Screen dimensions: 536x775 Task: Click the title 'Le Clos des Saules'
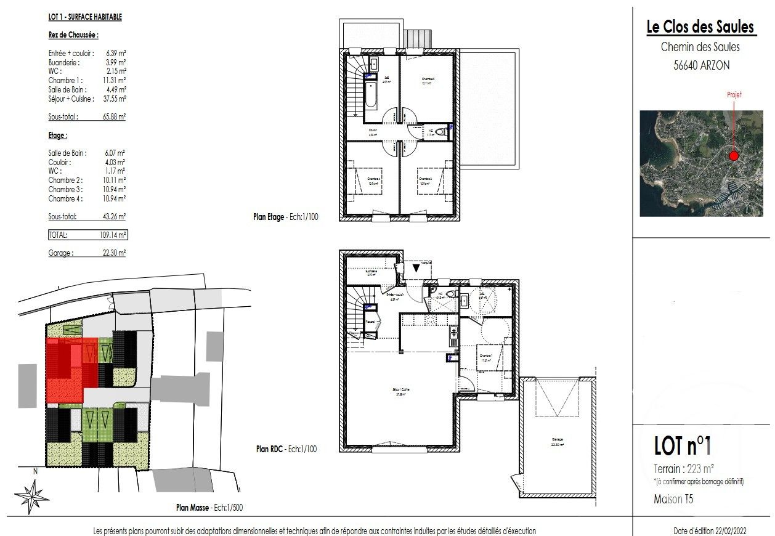pos(700,27)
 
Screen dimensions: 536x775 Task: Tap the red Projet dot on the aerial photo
pos(733,156)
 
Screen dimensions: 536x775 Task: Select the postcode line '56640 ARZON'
pos(700,65)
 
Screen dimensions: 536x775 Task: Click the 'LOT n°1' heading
pos(682,445)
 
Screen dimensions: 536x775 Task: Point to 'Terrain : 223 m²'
pos(683,468)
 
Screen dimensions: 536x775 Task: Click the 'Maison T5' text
pos(673,499)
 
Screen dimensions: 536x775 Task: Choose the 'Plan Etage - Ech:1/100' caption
pos(286,217)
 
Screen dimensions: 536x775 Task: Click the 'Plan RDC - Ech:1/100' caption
pos(286,449)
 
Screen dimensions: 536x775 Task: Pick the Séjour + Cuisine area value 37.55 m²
pos(115,99)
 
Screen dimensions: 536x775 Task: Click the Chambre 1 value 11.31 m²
pos(115,80)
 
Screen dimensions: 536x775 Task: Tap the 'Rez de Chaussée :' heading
pos(73,36)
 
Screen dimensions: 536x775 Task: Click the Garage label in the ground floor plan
pos(558,441)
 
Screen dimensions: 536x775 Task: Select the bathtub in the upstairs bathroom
pos(370,97)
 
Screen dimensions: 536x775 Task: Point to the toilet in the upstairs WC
pos(442,131)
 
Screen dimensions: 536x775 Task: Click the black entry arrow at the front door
pos(416,268)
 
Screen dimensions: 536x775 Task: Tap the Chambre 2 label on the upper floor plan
pos(428,81)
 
